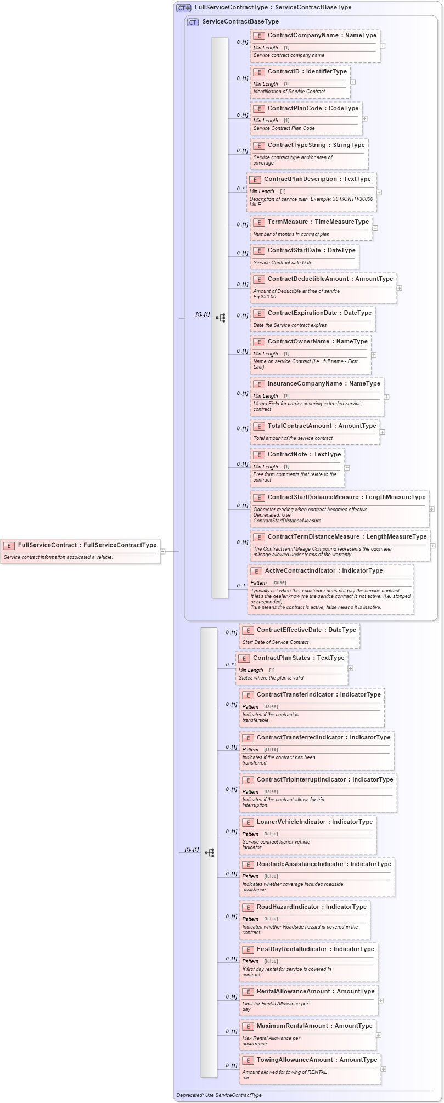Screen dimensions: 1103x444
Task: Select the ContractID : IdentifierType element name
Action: [307, 71]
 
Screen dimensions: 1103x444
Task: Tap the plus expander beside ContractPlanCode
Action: [364, 118]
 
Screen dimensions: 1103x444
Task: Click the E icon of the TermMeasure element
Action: [259, 223]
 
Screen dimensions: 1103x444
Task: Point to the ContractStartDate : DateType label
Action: [311, 250]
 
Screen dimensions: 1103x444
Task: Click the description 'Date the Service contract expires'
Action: [290, 325]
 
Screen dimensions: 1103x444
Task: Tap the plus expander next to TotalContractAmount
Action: [382, 432]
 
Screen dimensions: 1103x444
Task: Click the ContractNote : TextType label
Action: [304, 454]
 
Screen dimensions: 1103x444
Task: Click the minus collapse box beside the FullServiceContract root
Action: [162, 551]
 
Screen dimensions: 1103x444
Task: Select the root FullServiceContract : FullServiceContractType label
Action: [87, 545]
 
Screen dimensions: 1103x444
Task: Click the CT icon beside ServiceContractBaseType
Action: [193, 22]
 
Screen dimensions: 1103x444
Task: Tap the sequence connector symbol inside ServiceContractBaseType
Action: [220, 318]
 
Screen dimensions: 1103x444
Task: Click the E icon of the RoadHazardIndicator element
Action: [248, 907]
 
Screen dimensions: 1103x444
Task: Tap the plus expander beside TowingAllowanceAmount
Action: [383, 1068]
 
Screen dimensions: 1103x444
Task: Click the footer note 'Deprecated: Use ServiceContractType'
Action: [218, 1095]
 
